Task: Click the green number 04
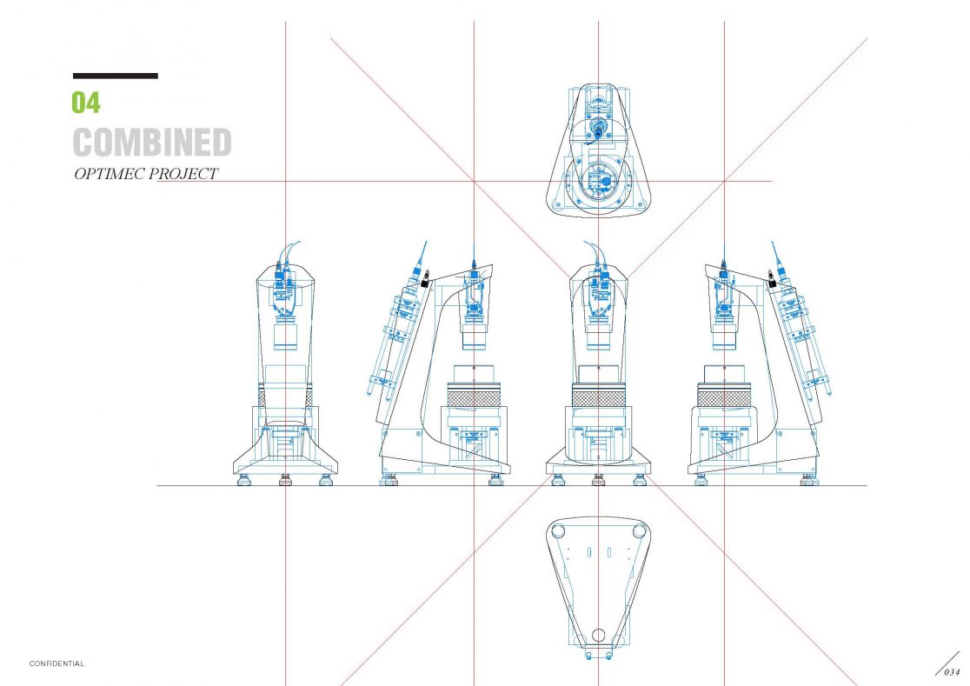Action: pyautogui.click(x=85, y=102)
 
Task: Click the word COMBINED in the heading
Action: pyautogui.click(x=152, y=143)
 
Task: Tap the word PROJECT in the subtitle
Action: pyautogui.click(x=183, y=174)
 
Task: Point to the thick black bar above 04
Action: pyautogui.click(x=115, y=77)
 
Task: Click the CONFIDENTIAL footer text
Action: pyautogui.click(x=56, y=663)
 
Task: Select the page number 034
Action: pyautogui.click(x=952, y=672)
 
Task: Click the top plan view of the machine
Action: pyautogui.click(x=598, y=150)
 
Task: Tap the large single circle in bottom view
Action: pyautogui.click(x=598, y=636)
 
